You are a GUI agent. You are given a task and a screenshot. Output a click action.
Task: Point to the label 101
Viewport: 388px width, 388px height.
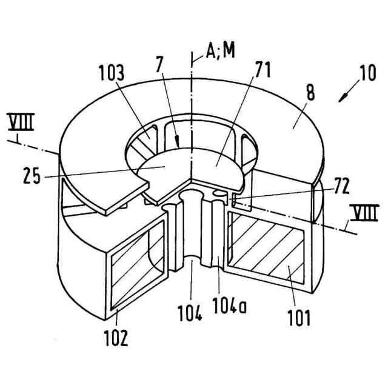[x=299, y=315]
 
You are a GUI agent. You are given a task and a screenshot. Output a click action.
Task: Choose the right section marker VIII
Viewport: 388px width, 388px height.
[x=363, y=212]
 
